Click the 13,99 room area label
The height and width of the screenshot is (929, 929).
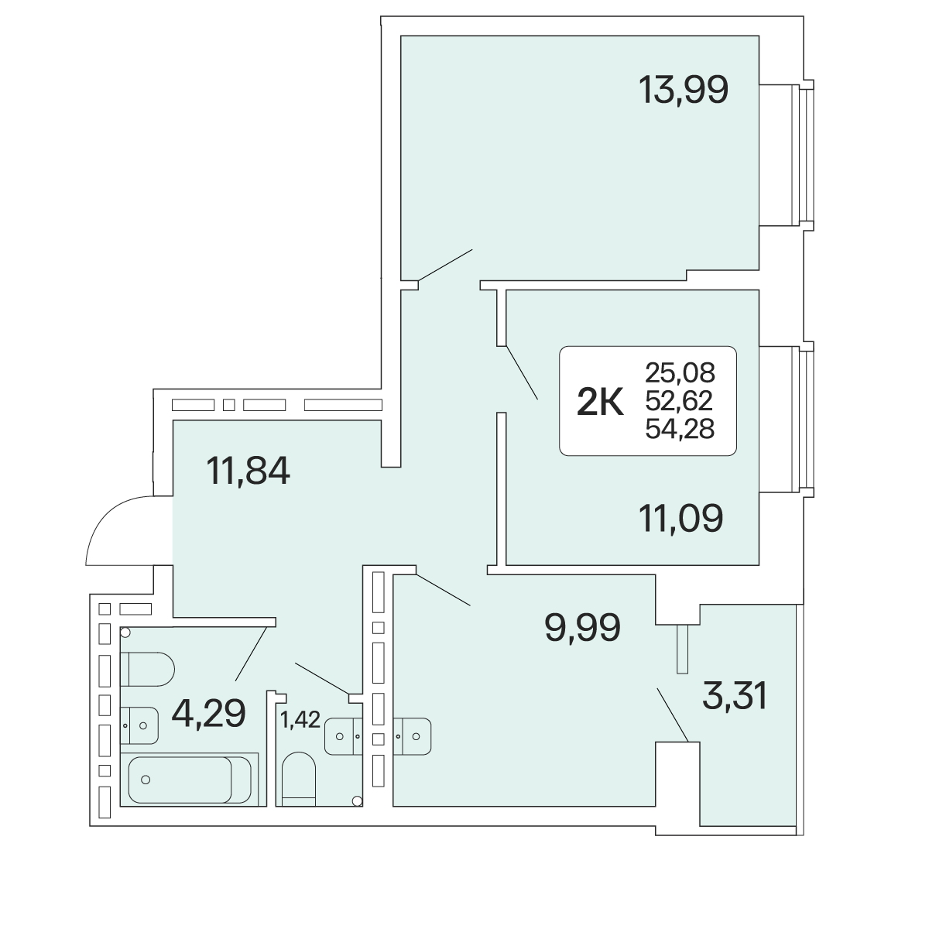tap(683, 91)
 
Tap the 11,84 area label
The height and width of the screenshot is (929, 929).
tap(248, 471)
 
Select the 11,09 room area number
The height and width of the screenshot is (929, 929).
tap(680, 518)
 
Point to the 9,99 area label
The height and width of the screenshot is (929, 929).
tap(582, 628)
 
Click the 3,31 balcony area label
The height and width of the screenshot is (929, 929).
tap(735, 696)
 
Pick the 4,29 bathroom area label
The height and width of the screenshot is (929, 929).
tap(209, 714)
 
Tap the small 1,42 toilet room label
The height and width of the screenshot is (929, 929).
tap(300, 720)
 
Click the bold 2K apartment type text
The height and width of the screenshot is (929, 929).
tap(600, 402)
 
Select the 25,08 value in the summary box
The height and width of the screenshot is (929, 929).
tap(680, 372)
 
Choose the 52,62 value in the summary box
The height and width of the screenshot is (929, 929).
tap(679, 400)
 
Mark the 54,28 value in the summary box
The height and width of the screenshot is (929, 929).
tap(680, 429)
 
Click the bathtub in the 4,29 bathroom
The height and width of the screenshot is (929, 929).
tap(190, 780)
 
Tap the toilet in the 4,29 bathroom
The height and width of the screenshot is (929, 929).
tap(147, 669)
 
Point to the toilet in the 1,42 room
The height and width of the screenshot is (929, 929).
tap(298, 779)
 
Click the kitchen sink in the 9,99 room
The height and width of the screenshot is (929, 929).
tap(412, 736)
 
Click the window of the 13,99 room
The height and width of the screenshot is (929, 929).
tap(803, 155)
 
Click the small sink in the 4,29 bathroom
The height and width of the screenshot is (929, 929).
tap(139, 725)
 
